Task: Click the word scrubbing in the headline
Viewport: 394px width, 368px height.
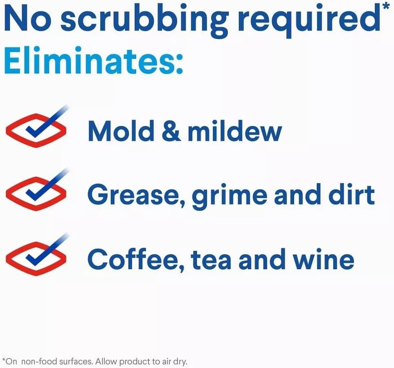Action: [x=144, y=20]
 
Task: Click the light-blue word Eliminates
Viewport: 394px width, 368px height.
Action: [x=94, y=61]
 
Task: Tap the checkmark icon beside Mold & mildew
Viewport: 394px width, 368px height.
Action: [x=36, y=127]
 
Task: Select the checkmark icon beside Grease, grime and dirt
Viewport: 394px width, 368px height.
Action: [x=36, y=190]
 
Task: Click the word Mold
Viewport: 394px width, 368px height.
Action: [x=121, y=131]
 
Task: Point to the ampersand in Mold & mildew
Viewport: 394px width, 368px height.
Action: [x=171, y=131]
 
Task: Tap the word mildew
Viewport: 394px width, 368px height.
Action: [x=235, y=131]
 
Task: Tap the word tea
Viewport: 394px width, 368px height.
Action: [x=211, y=260]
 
